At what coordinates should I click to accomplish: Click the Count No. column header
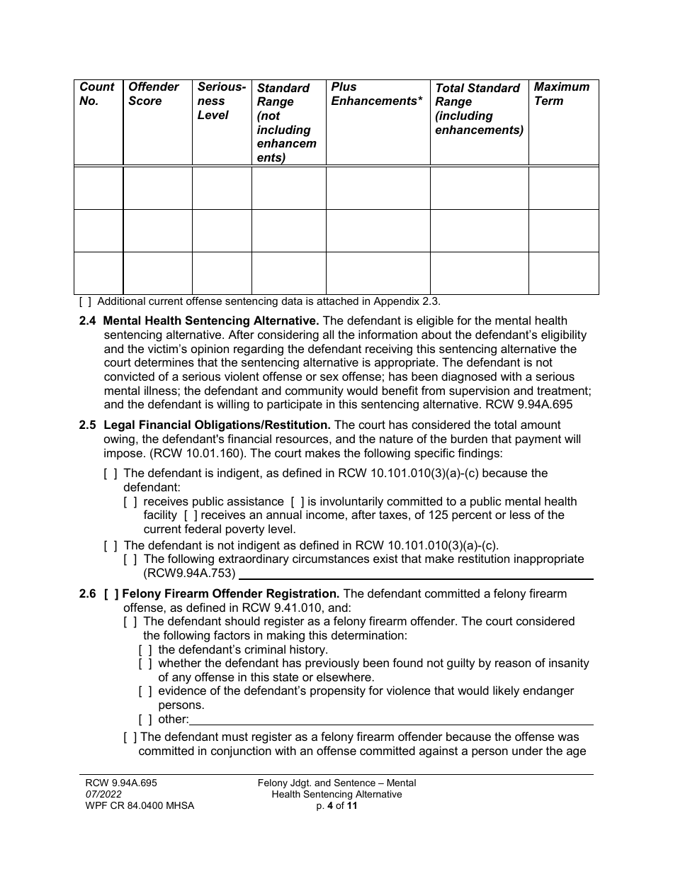tap(97, 94)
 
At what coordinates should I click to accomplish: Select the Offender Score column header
tap(153, 94)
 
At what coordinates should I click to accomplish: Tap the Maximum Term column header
tap(561, 94)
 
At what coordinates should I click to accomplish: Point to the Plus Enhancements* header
tap(376, 94)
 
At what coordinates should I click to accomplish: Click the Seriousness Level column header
tap(221, 101)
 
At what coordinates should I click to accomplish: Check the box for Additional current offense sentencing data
tap(85, 301)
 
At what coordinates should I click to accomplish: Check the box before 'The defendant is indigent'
tap(110, 473)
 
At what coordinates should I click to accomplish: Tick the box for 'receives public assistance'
tap(130, 502)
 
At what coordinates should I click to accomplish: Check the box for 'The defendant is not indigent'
tap(110, 545)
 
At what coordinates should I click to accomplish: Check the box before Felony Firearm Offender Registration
tap(111, 593)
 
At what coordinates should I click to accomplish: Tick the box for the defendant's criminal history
tap(145, 649)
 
